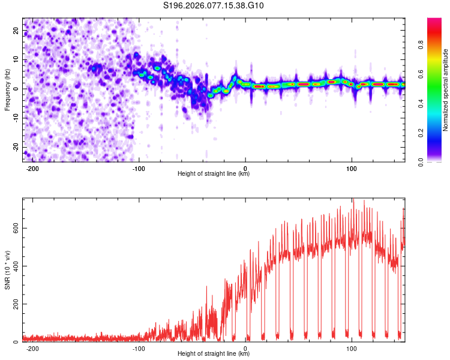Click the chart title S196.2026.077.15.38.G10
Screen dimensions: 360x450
[x=214, y=6]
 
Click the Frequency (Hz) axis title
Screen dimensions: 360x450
[x=8, y=89]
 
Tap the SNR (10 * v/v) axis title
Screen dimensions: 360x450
[x=8, y=271]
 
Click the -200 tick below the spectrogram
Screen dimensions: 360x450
[x=32, y=167]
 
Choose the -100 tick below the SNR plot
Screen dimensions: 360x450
[x=139, y=348]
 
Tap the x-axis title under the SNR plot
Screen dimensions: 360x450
[x=214, y=354]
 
